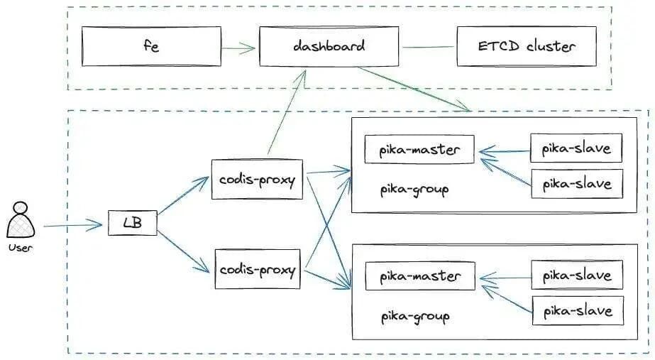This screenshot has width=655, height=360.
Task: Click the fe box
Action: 150,47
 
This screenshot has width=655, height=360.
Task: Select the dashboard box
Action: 329,47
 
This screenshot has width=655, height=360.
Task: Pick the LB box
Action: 132,224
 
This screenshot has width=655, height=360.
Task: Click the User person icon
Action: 21,221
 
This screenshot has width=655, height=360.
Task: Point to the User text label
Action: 21,248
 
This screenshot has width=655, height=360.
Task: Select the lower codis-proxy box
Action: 257,269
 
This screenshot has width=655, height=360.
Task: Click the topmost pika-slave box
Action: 576,148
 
